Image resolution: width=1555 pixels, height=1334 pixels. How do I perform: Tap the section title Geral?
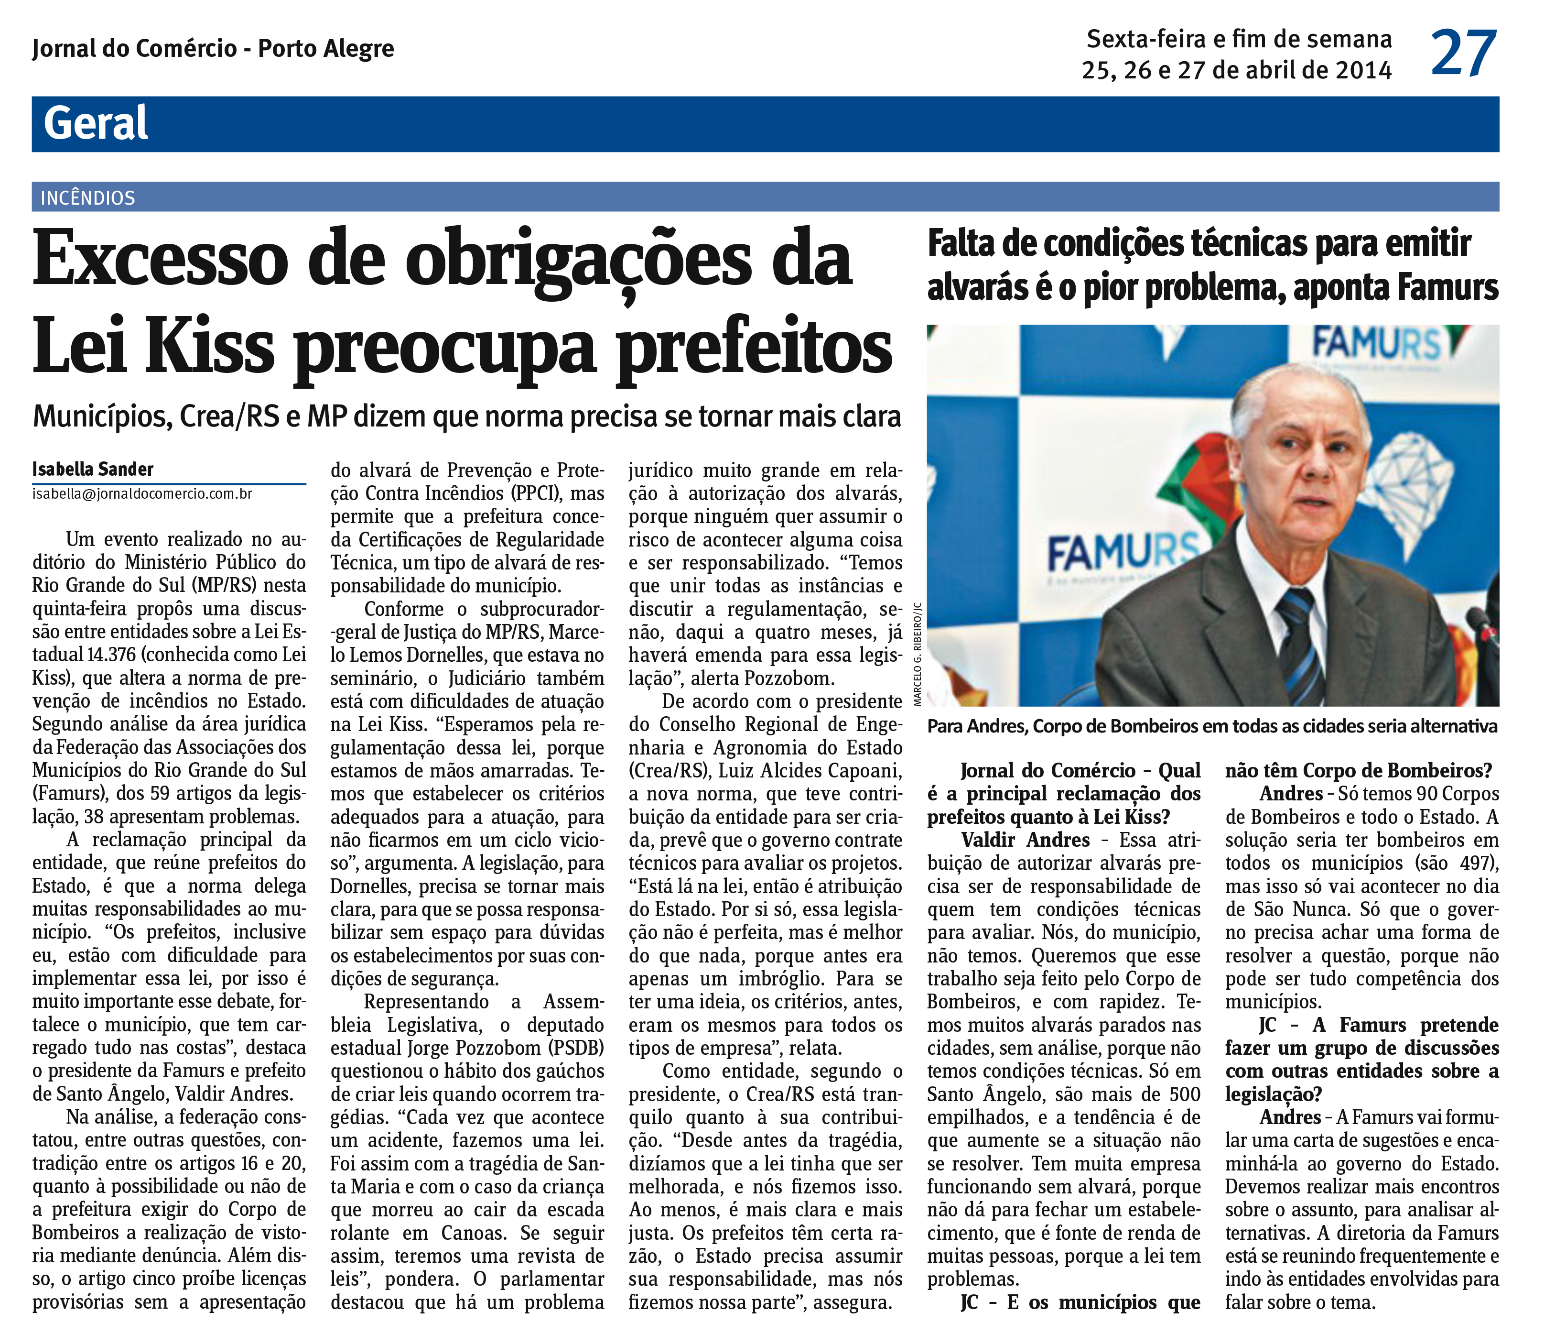[96, 124]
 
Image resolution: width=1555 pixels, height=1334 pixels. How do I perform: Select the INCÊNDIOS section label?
[88, 198]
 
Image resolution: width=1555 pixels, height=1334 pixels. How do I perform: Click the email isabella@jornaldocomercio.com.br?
[142, 494]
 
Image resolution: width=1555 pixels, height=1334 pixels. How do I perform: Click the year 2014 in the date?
[1359, 71]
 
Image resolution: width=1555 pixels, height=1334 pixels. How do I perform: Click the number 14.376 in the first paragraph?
[111, 655]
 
